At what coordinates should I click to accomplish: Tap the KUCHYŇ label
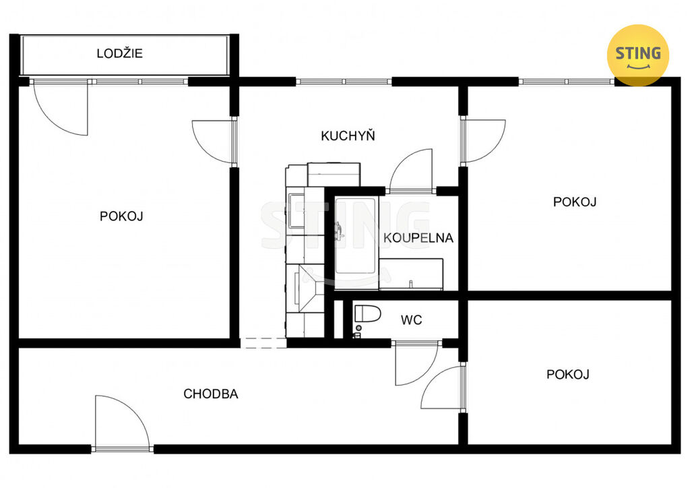tap(348, 135)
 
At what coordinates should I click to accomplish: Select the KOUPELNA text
tap(418, 238)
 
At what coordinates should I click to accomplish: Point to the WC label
tap(412, 320)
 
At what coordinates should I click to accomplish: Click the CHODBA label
tap(211, 394)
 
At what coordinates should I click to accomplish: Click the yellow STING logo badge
tap(637, 55)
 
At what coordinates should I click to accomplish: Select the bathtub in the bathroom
tap(356, 243)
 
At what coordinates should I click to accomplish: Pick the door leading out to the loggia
tap(61, 107)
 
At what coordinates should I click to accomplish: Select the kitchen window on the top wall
tap(343, 82)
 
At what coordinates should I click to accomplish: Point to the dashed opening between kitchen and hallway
tap(263, 343)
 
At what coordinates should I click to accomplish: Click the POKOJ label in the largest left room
tap(121, 216)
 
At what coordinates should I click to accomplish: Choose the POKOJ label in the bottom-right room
tap(567, 375)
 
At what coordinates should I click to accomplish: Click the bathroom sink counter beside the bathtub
tap(411, 274)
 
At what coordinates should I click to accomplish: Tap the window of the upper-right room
tap(567, 82)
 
